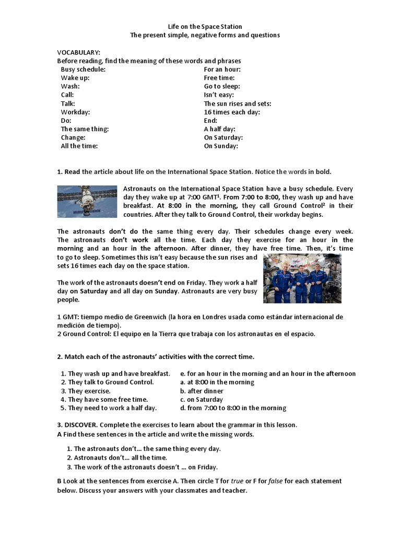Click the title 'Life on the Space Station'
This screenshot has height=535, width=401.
coord(205,27)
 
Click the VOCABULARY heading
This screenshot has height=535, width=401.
coord(79,53)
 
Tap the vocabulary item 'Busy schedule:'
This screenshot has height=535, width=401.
coord(83,69)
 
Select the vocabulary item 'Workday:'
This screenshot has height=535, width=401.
coord(76,112)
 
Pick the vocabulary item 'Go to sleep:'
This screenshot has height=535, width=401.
coord(222,87)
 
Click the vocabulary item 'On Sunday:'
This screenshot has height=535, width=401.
coord(221,146)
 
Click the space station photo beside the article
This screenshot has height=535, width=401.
coord(87,201)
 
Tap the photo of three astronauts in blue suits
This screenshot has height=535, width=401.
coord(302,278)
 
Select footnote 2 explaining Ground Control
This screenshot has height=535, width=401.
coord(186,334)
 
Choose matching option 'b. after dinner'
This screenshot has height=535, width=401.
coord(202,391)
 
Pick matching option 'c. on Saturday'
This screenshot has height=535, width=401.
coord(201,400)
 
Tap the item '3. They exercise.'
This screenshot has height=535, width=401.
coord(86,391)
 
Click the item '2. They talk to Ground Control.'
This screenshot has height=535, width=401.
coord(107,382)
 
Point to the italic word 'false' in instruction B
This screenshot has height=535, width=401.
coord(276,481)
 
